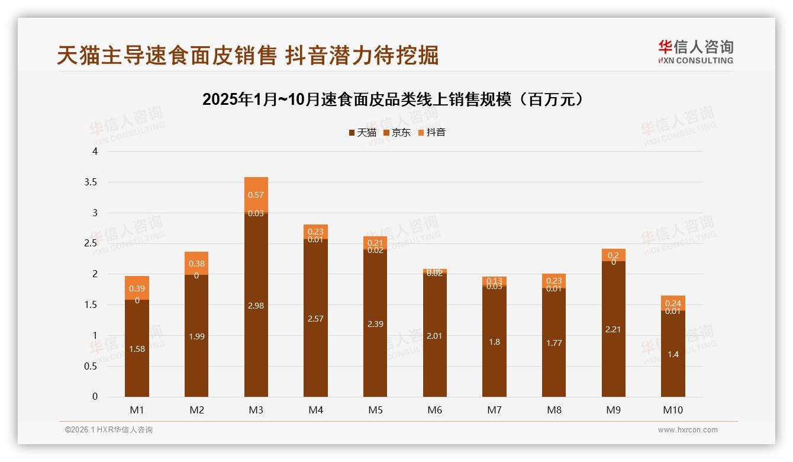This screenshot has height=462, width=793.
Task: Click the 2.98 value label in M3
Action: coord(256,306)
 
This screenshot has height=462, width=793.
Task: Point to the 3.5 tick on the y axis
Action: coord(91,182)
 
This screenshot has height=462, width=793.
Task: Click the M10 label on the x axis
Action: coord(673,410)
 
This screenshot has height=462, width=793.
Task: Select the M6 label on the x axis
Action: coord(434,410)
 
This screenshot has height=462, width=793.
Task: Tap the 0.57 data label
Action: coord(256,195)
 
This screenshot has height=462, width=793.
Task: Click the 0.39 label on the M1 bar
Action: coord(137,288)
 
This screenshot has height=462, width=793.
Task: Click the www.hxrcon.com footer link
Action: coord(688,430)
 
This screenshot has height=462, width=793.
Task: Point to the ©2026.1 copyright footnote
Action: coord(109,430)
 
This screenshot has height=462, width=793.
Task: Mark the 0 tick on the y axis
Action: coord(95,397)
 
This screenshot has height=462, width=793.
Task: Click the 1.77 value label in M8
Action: coord(554,343)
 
